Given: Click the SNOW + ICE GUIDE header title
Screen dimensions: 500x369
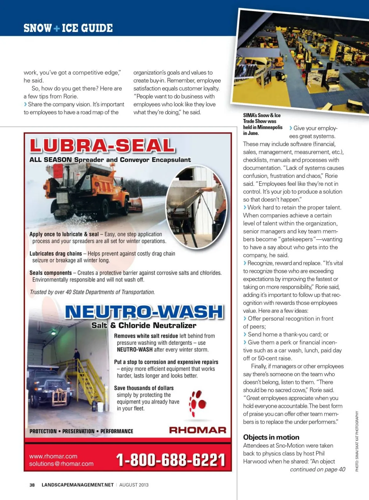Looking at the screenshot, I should coord(68,28).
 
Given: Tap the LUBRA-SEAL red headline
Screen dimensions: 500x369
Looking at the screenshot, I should coord(102,145).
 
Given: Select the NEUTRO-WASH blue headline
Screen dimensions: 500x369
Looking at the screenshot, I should coord(144,312).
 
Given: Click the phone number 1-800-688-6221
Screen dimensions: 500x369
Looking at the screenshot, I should coord(171,460).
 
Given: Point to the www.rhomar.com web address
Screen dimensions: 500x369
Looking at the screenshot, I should coord(53,456).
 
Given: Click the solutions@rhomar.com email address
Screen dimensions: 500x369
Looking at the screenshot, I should coord(61,464).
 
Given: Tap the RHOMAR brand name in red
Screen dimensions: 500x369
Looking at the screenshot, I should coord(197,430).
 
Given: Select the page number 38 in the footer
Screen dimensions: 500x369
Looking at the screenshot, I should coord(32,485).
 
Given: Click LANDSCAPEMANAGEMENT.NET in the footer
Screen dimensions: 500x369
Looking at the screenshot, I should coord(77,485).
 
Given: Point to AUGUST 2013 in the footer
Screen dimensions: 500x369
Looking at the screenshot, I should coord(134,485).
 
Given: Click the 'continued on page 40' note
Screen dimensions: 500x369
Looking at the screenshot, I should coord(317,469).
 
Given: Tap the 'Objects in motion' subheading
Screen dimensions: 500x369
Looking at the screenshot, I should coord(271,437).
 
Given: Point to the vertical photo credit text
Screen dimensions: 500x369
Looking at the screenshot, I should coord(357,441).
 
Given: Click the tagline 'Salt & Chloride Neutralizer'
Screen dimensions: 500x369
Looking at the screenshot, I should coord(144,325).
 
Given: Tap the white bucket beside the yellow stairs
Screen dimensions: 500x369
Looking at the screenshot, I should coord(100,407).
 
